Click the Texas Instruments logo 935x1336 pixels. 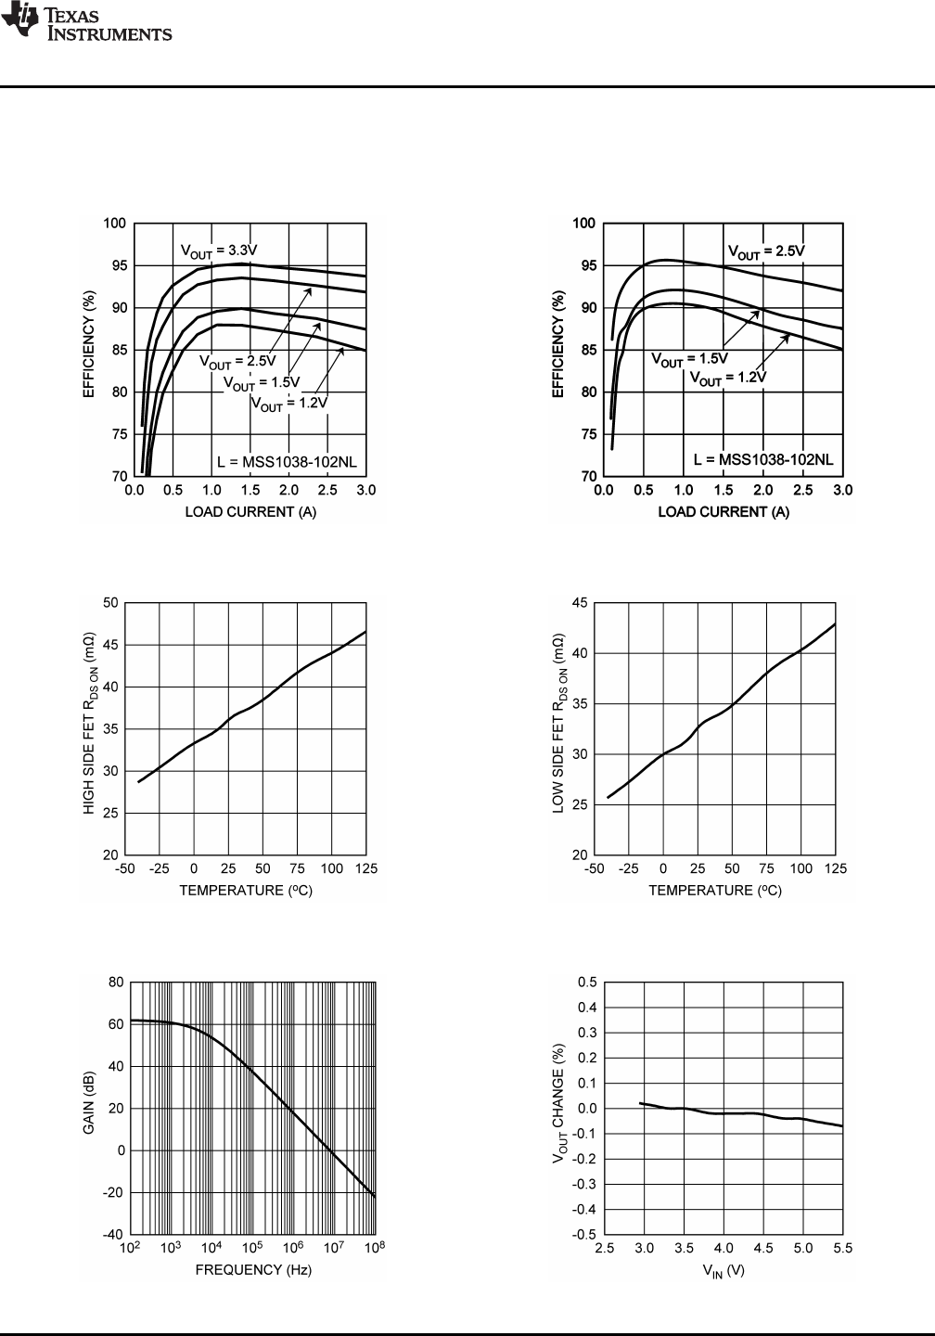click(86, 23)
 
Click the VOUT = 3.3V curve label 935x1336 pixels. click(218, 250)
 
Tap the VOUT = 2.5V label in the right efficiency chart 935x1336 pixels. click(765, 251)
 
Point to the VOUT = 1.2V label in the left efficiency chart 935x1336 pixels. click(288, 404)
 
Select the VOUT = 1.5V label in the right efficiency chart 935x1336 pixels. click(689, 358)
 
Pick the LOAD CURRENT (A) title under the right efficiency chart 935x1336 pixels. click(724, 512)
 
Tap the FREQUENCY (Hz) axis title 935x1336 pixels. click(253, 1270)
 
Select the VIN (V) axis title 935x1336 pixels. click(724, 1271)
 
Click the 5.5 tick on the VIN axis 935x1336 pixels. click(842, 1249)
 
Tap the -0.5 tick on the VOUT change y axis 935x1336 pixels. click(585, 1235)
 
